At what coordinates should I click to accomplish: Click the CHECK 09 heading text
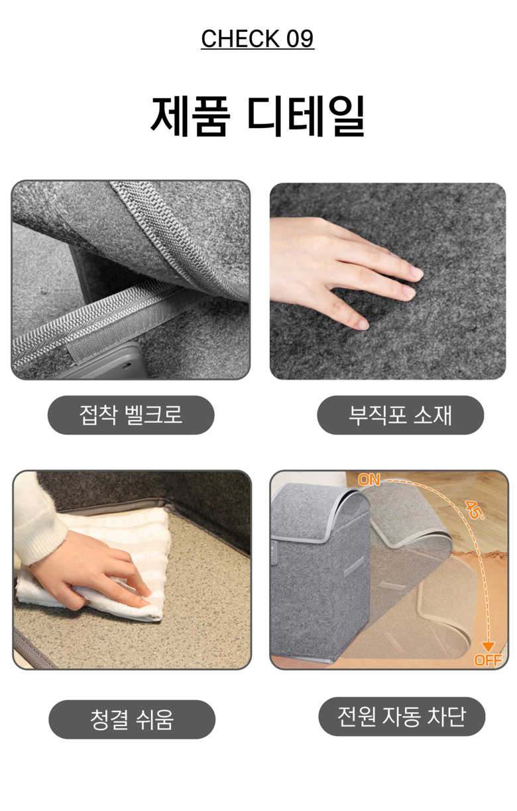click(x=257, y=38)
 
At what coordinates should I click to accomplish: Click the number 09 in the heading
click(x=300, y=38)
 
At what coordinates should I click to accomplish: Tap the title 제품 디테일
click(x=257, y=116)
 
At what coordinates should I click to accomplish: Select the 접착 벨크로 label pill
click(x=131, y=415)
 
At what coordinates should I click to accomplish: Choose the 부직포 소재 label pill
click(x=400, y=415)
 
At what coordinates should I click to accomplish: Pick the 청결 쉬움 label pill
click(x=132, y=719)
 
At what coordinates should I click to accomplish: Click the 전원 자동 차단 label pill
click(x=402, y=717)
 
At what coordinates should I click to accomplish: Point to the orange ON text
click(x=369, y=480)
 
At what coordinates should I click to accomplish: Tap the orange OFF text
click(x=488, y=660)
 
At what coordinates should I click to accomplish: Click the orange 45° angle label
click(x=475, y=510)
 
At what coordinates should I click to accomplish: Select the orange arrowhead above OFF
click(x=488, y=647)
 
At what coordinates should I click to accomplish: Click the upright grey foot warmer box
click(x=320, y=575)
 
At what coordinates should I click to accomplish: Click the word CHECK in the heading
click(x=240, y=38)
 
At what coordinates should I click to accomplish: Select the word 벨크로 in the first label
click(x=153, y=415)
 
